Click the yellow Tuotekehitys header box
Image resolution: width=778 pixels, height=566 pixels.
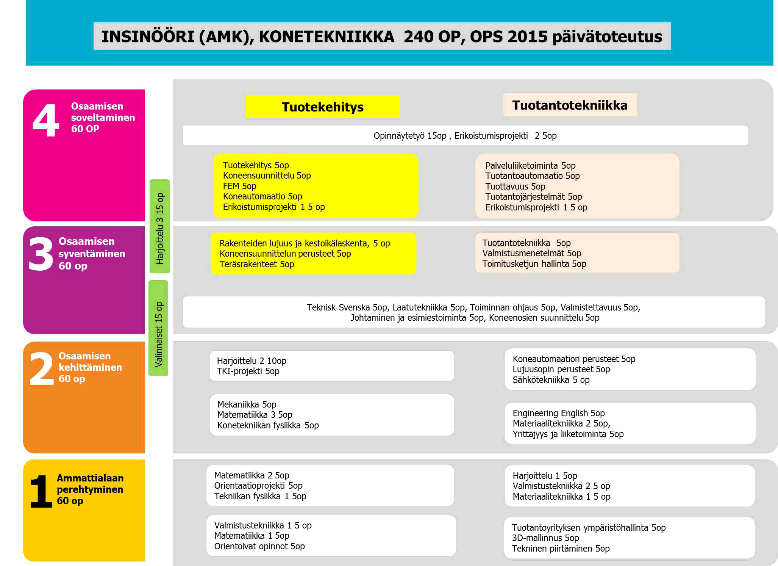[x=322, y=107]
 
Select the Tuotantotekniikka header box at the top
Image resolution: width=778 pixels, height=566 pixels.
[x=570, y=105]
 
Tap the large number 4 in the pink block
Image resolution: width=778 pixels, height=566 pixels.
[x=46, y=120]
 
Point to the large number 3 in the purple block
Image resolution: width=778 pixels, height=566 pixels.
[x=41, y=254]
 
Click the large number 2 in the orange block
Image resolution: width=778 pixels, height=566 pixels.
[x=41, y=368]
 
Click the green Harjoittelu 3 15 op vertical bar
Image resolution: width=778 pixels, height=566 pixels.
[x=160, y=226]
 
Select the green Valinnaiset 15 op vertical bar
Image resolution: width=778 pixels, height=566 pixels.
[x=159, y=328]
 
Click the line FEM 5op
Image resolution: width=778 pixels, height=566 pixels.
[x=239, y=186]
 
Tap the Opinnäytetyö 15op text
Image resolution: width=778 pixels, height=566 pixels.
[x=410, y=136]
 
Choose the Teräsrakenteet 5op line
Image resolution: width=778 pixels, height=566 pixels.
[x=256, y=264]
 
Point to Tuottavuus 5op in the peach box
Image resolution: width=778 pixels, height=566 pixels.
[x=515, y=187]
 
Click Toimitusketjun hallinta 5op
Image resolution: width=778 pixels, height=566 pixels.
[x=534, y=264]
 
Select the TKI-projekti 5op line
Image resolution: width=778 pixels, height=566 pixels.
[x=248, y=371]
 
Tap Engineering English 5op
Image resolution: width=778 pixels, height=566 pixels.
[x=558, y=413]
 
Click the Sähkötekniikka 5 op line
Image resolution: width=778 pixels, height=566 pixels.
[x=551, y=380]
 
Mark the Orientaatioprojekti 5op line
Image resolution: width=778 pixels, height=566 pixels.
[x=258, y=486]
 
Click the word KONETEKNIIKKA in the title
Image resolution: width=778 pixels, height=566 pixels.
[x=327, y=37]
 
